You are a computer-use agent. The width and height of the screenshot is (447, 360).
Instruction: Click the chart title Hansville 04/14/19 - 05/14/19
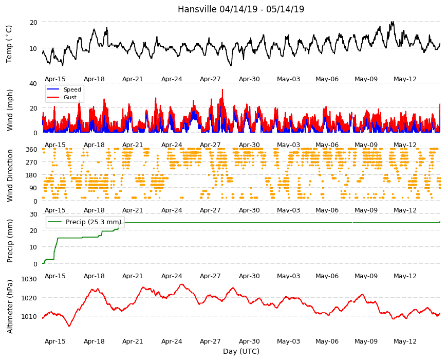click(241, 9)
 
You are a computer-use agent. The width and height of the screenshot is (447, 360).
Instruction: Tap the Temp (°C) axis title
click(9, 44)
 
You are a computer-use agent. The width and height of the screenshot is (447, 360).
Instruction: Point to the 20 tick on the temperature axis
click(33, 22)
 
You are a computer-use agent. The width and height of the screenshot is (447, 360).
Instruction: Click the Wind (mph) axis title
click(10, 110)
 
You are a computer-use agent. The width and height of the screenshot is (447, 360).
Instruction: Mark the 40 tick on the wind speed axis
click(33, 84)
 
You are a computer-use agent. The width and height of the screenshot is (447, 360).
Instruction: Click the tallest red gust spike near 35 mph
click(222, 90)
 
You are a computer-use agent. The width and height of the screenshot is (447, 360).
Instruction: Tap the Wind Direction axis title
click(10, 175)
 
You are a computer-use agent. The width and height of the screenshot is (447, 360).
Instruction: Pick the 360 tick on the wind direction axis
click(32, 150)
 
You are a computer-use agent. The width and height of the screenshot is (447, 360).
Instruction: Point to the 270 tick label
click(32, 163)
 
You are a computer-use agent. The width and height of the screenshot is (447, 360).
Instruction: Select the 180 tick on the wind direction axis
click(32, 175)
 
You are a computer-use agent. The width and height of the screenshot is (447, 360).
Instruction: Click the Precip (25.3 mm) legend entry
click(85, 222)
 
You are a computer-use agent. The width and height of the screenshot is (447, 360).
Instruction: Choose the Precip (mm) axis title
click(10, 241)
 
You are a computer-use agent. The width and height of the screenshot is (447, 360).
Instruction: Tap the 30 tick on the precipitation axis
click(33, 214)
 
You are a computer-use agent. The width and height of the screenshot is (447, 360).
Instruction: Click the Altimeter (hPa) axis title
click(10, 307)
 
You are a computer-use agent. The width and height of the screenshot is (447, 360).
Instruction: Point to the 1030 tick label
click(29, 279)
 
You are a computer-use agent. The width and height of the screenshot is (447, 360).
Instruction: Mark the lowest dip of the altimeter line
click(69, 326)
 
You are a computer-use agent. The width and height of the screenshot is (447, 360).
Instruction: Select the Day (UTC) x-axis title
click(241, 351)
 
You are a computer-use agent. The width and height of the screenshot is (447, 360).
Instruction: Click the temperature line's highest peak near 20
click(393, 22)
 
